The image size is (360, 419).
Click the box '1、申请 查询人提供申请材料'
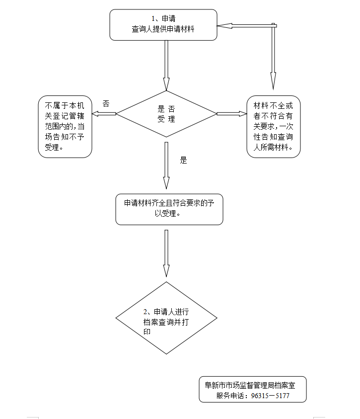(x=163, y=24)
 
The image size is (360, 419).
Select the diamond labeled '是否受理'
(x=166, y=114)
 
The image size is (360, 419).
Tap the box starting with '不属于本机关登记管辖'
(x=65, y=127)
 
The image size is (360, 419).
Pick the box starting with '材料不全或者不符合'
(x=274, y=127)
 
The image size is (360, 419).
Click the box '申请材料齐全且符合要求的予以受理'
(x=169, y=209)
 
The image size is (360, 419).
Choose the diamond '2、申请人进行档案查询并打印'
(x=166, y=318)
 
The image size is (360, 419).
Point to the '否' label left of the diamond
(x=106, y=103)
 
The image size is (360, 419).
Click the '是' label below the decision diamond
(x=183, y=161)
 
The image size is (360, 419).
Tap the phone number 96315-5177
(x=271, y=396)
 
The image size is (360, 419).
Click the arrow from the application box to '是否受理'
(x=166, y=65)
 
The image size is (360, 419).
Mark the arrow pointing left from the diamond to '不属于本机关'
(x=104, y=114)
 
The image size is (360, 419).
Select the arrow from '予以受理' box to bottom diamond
(x=166, y=253)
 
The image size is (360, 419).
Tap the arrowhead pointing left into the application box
(x=222, y=25)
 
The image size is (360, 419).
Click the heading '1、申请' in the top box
(x=163, y=19)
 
